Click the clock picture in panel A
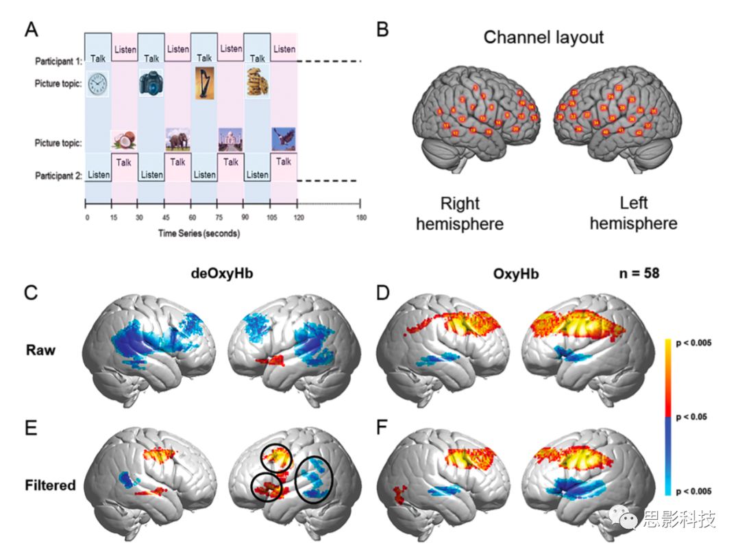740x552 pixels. [x=97, y=84]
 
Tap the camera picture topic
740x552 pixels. [x=151, y=82]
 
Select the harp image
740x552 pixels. [x=204, y=83]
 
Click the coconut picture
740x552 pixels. [x=124, y=140]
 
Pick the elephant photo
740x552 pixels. [x=177, y=140]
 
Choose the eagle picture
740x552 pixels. [x=284, y=139]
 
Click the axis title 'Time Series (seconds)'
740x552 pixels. [x=199, y=233]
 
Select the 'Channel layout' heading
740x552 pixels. [x=543, y=37]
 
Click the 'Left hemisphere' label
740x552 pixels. [x=633, y=213]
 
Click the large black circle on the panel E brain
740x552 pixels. [x=315, y=480]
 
